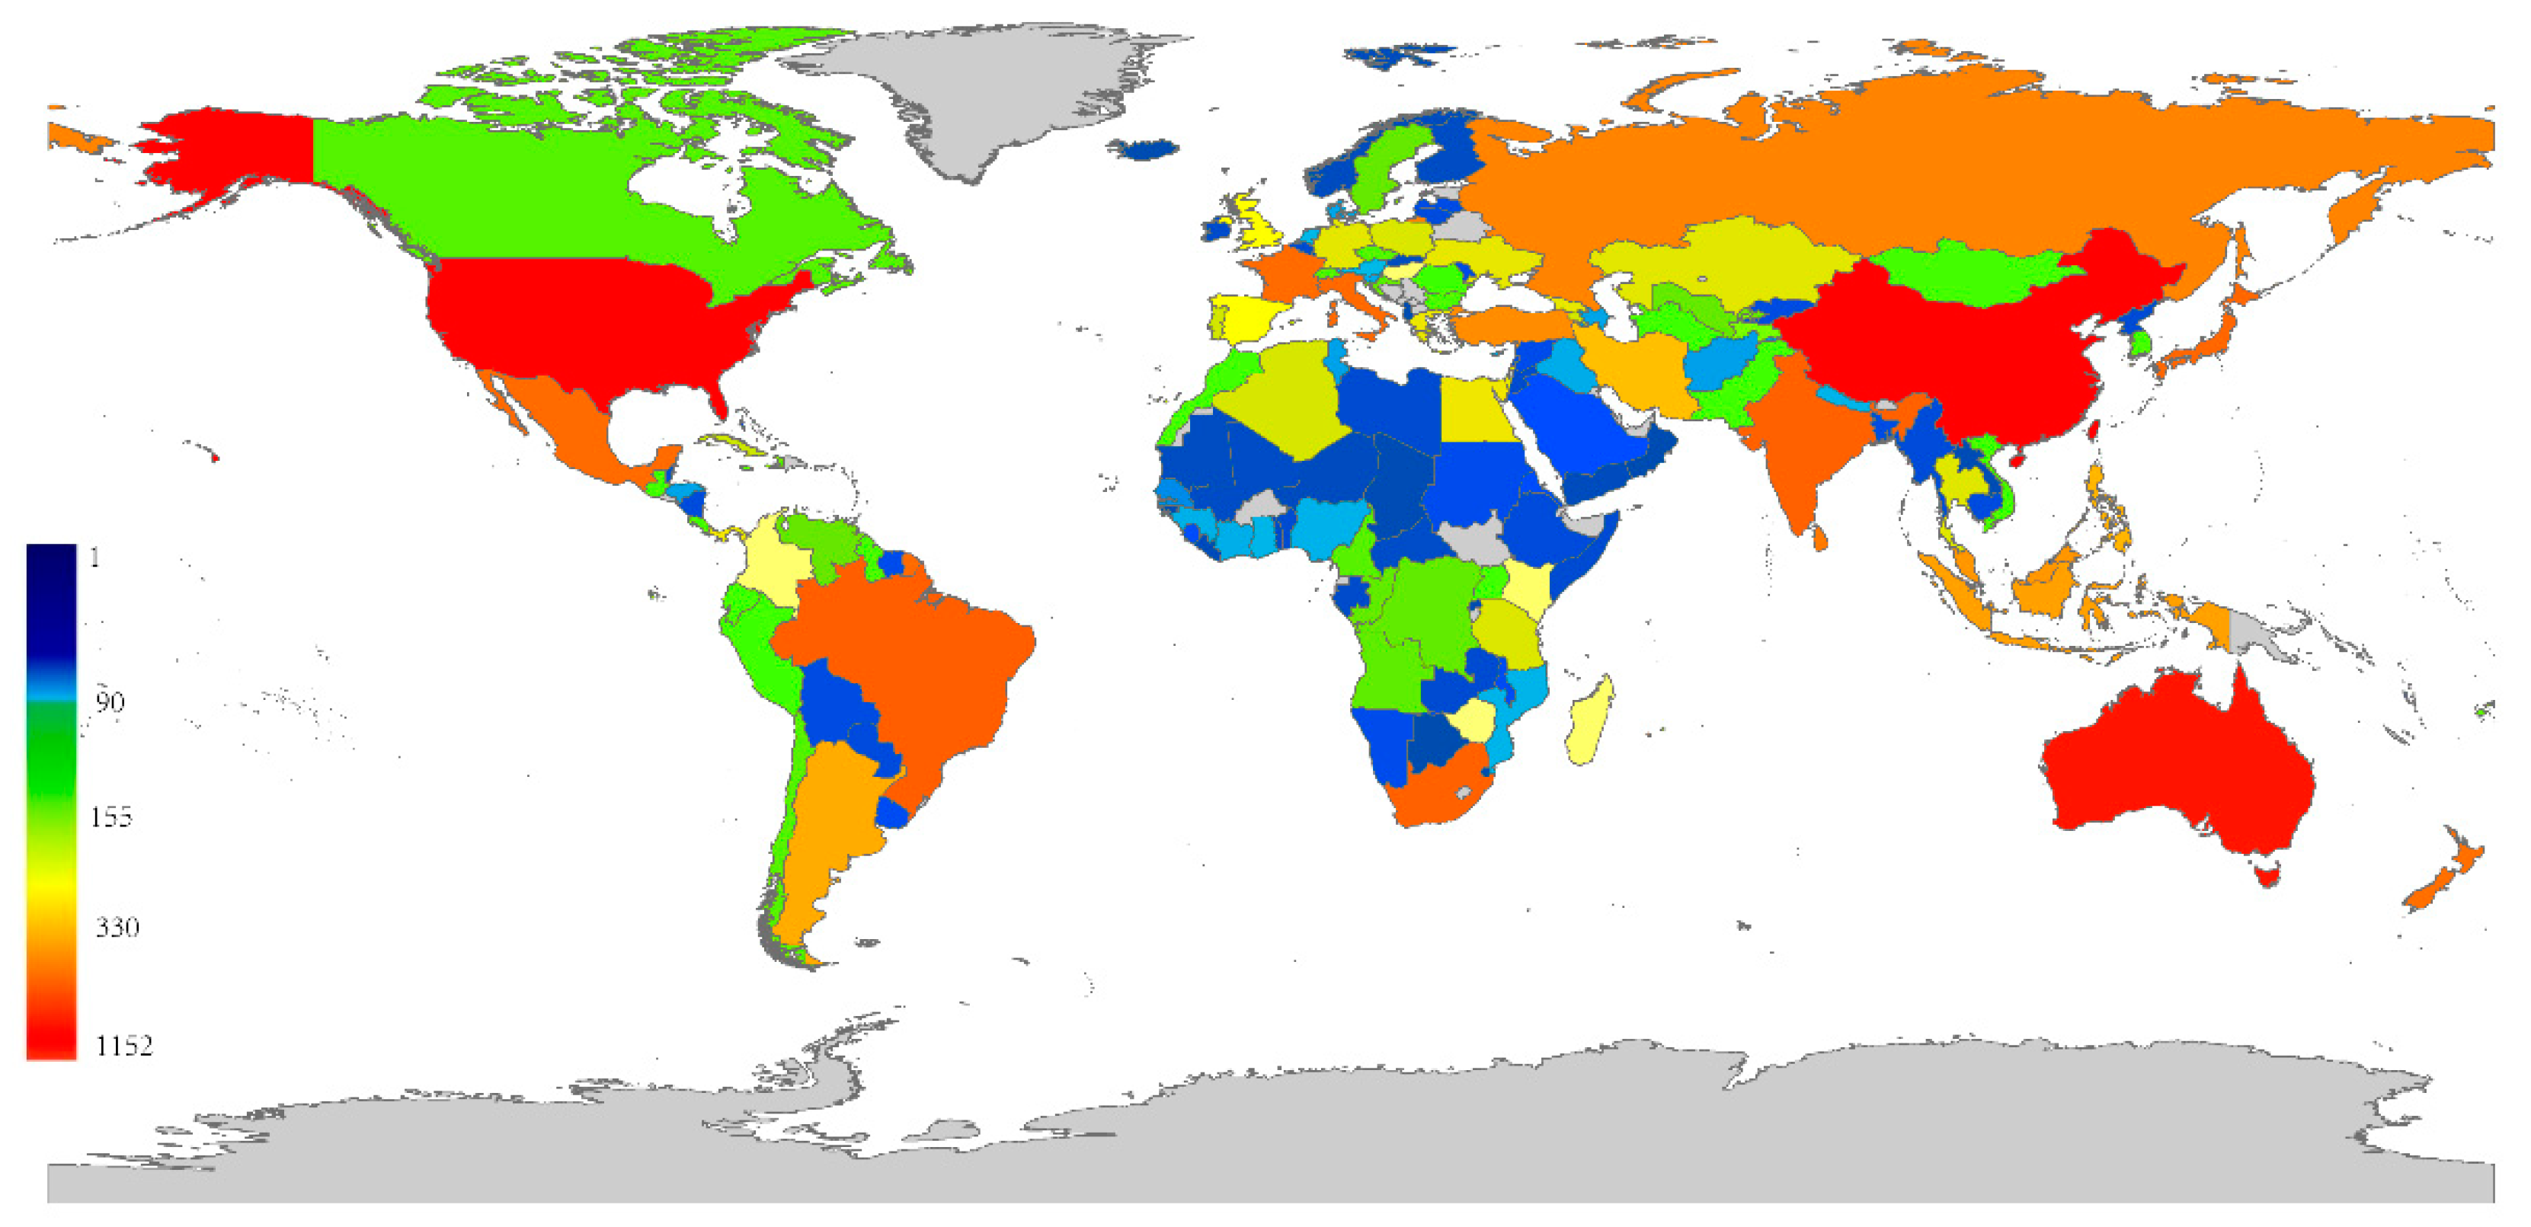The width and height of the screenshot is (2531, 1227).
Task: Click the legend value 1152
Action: pyautogui.click(x=123, y=1045)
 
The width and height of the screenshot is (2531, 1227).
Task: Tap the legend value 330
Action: pyautogui.click(x=117, y=926)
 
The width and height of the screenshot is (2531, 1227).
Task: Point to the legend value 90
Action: pyautogui.click(x=109, y=701)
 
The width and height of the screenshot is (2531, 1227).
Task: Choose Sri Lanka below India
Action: pyautogui.click(x=1819, y=536)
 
